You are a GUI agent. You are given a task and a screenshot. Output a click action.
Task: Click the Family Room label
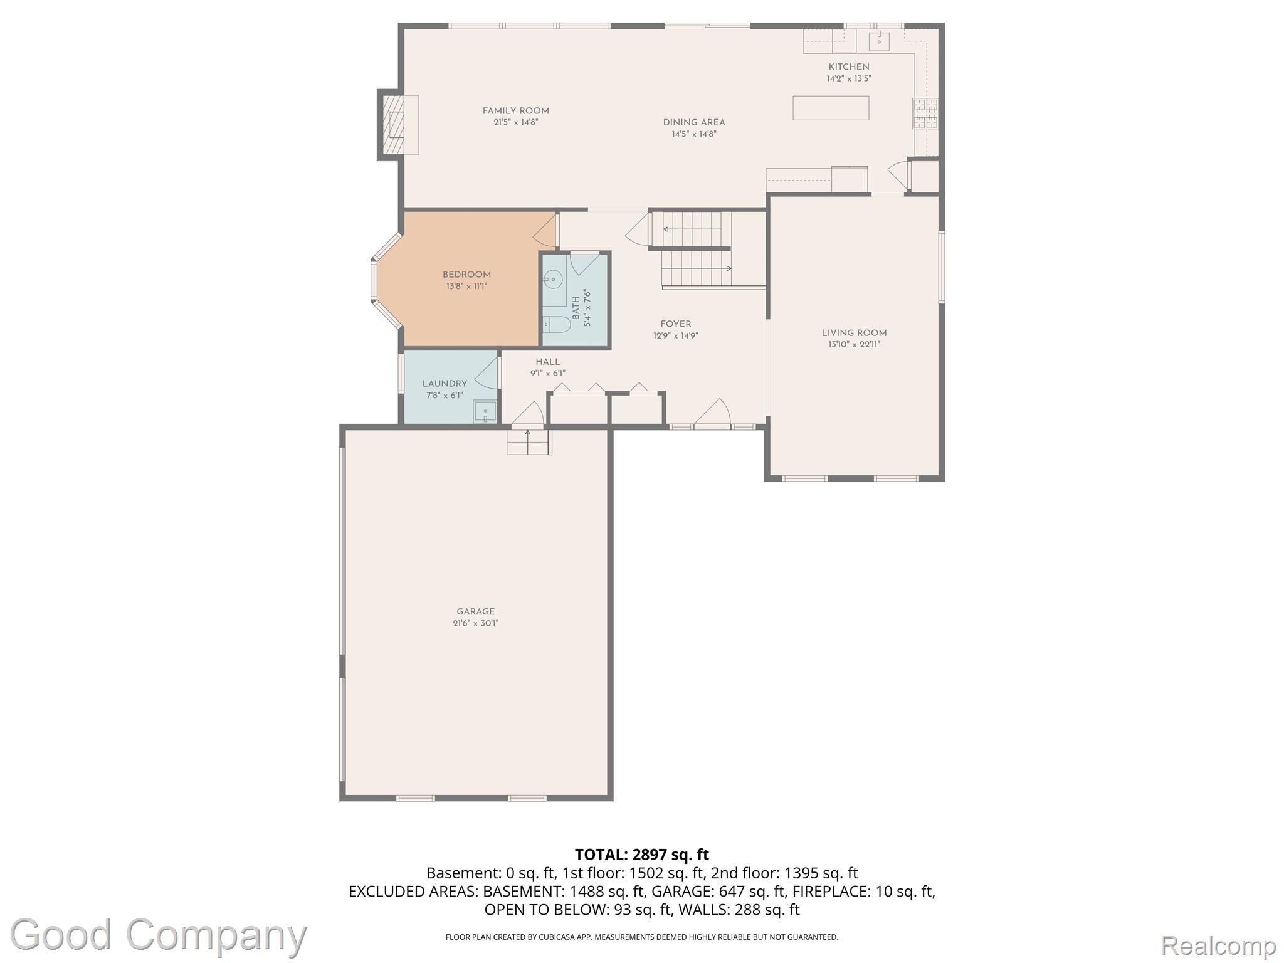(515, 111)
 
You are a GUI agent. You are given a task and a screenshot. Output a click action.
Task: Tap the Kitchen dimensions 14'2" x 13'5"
(849, 79)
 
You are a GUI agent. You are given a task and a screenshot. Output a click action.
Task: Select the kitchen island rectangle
(831, 108)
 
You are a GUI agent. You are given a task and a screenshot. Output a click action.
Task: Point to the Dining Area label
(694, 122)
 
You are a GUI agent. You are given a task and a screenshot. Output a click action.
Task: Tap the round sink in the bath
(552, 279)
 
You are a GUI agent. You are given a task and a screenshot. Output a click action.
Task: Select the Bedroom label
(466, 275)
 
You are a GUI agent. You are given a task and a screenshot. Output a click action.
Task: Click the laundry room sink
(485, 411)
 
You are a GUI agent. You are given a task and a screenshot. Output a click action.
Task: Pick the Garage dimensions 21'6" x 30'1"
(476, 623)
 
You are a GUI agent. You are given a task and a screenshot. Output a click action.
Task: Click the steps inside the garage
(529, 442)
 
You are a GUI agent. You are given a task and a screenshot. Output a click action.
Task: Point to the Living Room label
(854, 333)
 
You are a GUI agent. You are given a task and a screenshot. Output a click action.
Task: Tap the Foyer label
(676, 324)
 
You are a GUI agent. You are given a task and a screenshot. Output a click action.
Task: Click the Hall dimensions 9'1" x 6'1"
(548, 374)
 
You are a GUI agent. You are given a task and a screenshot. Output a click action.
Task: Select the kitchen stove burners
(925, 113)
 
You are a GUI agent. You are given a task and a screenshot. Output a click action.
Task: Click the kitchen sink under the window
(879, 41)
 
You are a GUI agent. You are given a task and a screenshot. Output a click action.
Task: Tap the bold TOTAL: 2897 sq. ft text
(642, 855)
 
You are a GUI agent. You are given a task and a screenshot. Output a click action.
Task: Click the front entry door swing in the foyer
(712, 413)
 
